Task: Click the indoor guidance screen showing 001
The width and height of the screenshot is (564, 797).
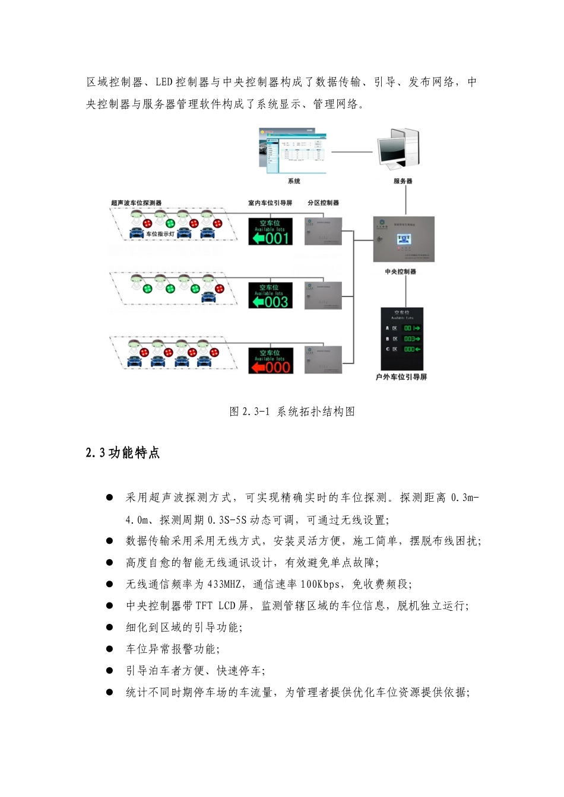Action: point(270,231)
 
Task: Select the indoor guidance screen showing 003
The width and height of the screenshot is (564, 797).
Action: point(270,295)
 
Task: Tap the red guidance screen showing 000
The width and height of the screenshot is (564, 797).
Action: point(270,361)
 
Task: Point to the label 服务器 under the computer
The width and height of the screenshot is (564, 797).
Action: point(403,181)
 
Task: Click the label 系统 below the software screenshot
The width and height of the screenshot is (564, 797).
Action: point(294,181)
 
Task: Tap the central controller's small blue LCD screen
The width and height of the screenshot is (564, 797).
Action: point(404,240)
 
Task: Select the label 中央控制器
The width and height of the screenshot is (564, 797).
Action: point(401,272)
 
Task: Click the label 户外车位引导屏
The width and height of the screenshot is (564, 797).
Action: point(401,377)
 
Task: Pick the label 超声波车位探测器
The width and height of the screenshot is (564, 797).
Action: point(136,203)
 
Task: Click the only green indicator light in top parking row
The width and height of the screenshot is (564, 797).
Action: point(170,224)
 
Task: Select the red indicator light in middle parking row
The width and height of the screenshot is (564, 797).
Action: point(219,289)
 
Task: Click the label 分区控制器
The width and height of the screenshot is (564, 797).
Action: point(323,203)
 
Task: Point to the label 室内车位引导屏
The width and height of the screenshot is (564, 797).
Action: point(270,203)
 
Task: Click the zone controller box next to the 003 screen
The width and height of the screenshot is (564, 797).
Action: point(323,295)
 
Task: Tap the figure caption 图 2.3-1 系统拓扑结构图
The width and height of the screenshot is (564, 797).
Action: point(292,412)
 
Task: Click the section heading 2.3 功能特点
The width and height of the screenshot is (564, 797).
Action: point(123,453)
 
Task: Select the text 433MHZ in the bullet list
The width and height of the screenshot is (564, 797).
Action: point(224,584)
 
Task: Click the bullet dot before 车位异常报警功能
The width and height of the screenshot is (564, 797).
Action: point(109,649)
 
